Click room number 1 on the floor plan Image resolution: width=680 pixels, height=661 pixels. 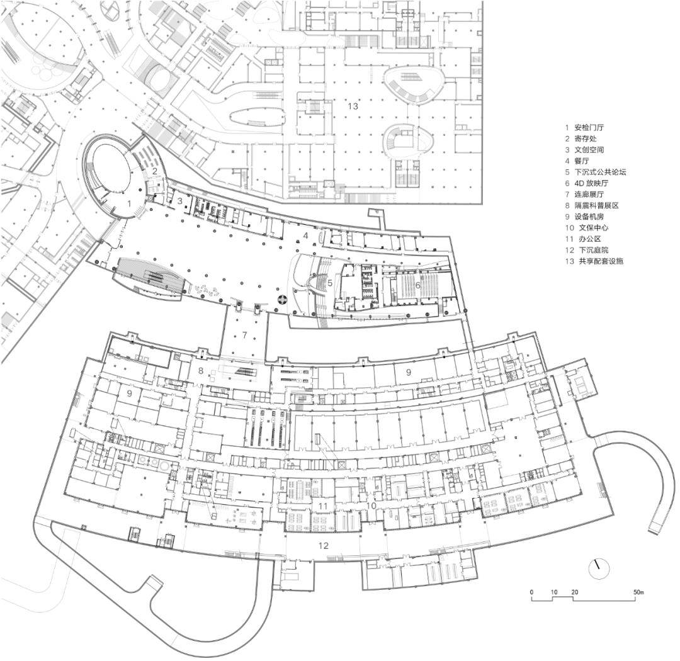[x=129, y=203]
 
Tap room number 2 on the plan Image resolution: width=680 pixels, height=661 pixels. [x=154, y=171]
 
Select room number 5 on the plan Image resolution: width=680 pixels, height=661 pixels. [x=329, y=283]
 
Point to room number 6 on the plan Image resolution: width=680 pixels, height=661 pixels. [x=418, y=285]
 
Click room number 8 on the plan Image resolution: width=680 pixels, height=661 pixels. [x=201, y=371]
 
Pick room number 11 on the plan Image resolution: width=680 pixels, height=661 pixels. [x=322, y=506]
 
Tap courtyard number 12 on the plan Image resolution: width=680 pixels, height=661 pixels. [x=323, y=546]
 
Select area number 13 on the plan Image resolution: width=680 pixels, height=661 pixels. [x=353, y=106]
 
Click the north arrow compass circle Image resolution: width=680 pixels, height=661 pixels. [x=599, y=568]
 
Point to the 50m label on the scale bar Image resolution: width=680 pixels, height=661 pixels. [x=638, y=592]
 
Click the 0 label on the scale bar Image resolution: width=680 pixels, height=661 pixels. [x=531, y=592]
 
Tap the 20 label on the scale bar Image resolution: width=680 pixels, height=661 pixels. [x=574, y=592]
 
